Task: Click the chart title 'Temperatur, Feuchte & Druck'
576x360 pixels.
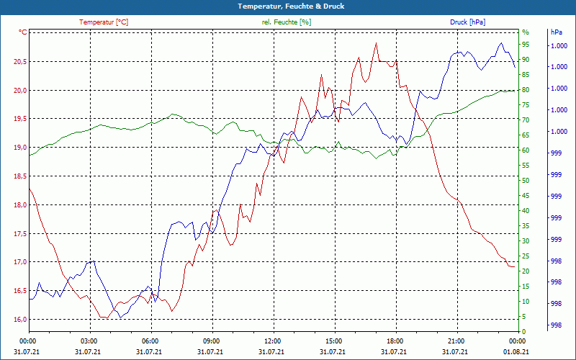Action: (x=287, y=6)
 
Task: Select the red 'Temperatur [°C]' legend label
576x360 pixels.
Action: (x=104, y=22)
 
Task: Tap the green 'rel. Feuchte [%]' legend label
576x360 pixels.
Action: (x=287, y=22)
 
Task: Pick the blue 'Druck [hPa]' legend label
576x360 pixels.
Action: (x=468, y=22)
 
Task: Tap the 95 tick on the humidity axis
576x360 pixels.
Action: (x=526, y=45)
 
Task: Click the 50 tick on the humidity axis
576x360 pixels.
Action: (x=526, y=181)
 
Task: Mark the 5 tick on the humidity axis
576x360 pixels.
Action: (x=524, y=317)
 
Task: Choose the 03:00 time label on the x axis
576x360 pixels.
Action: (x=89, y=341)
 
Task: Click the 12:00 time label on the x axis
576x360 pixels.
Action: (x=273, y=341)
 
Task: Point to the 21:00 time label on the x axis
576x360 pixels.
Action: (x=456, y=341)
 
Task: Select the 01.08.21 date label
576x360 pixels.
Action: (x=518, y=351)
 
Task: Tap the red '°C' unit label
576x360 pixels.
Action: (x=23, y=32)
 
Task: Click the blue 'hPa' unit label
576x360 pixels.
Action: (x=557, y=32)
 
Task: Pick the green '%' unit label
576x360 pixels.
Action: (x=526, y=32)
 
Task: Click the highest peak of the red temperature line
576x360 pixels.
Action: (x=376, y=43)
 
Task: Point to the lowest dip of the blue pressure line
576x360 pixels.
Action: (x=120, y=318)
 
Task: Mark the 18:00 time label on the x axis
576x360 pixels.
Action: (x=395, y=341)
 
